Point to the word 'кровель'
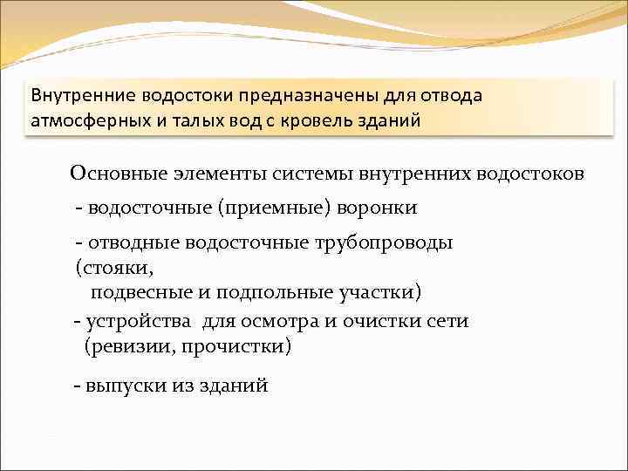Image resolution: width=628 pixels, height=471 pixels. click(319, 119)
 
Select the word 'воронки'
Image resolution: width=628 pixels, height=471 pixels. click(381, 208)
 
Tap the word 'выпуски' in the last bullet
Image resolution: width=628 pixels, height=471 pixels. click(121, 385)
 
